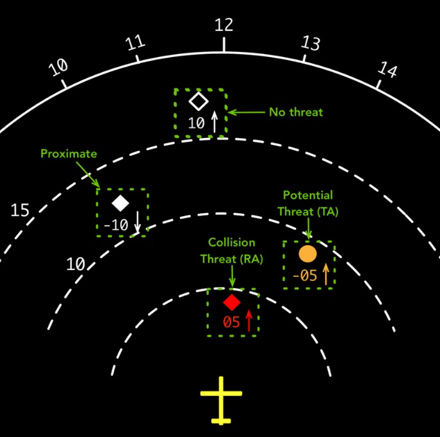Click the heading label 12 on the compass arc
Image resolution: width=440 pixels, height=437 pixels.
pos(224,25)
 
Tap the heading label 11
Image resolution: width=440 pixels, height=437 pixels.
pos(135,43)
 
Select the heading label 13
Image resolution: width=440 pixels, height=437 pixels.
pos(311,43)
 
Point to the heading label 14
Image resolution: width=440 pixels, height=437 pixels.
pos(387,69)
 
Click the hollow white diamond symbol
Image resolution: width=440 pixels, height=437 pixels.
pos(199,101)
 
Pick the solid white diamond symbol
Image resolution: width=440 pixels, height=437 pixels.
pos(120,203)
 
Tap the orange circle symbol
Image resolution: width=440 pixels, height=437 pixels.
pos(307,253)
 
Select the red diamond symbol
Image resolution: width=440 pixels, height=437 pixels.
pos(232,303)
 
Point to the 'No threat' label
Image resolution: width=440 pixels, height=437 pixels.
pos(296,112)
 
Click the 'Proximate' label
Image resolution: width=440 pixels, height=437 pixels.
pos(69,154)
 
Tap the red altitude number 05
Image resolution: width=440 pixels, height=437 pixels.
pos(231,322)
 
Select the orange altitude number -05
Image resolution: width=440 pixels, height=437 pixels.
pos(305,275)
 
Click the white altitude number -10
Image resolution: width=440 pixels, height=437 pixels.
pos(116,225)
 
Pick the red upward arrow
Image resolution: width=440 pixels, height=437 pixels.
pos(249,321)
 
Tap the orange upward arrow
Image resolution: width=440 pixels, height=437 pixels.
pos(326,274)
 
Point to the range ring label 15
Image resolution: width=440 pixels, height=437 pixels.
pos(20,210)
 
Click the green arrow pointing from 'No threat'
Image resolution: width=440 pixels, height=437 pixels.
pos(247,112)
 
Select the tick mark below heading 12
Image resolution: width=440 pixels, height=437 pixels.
pos(224,45)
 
